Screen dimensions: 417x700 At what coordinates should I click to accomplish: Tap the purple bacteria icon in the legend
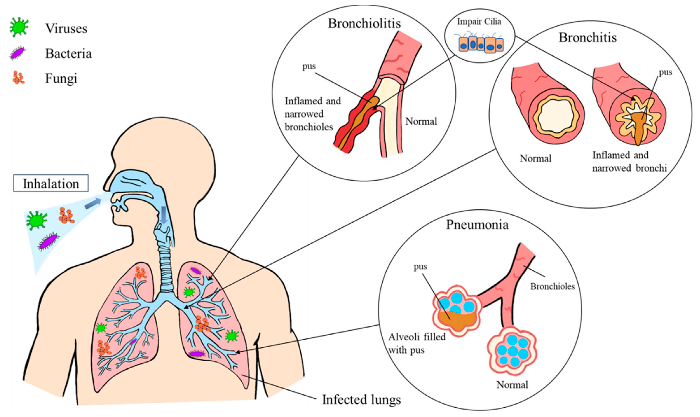[x=17, y=53]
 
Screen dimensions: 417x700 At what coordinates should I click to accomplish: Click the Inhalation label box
[x=51, y=184]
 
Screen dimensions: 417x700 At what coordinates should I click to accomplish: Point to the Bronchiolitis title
[x=364, y=24]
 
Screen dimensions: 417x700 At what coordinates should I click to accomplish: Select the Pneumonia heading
[x=477, y=225]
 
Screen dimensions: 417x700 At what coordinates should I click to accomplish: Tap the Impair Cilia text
[x=479, y=22]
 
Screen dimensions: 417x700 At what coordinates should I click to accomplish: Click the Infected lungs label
[x=361, y=400]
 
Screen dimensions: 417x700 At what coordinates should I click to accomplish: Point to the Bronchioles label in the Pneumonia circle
[x=552, y=286]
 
